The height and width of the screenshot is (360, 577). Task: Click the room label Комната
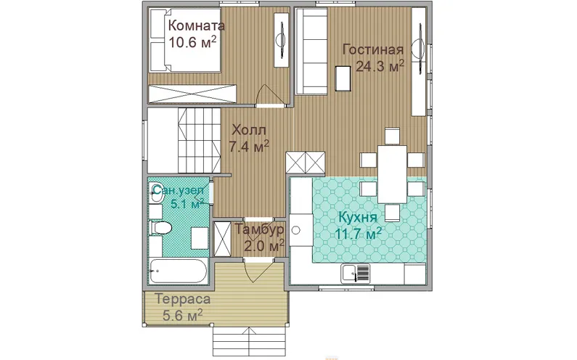197,26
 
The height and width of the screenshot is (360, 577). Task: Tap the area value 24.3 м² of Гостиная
380,66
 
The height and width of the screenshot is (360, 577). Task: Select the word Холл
249,131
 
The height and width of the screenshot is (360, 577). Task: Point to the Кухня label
358,217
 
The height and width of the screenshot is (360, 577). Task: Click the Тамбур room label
259,229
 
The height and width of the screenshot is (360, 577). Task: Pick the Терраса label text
183,299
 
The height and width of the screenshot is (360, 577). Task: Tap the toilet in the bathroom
161,227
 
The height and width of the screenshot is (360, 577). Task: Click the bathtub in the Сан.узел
178,271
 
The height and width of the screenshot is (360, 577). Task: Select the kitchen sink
356,274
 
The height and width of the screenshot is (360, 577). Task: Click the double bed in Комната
184,40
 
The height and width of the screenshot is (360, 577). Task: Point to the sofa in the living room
311,51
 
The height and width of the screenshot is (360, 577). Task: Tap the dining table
392,174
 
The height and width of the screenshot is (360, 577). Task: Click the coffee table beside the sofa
343,78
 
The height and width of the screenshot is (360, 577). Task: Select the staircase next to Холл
199,140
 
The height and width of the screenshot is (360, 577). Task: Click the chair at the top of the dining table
392,136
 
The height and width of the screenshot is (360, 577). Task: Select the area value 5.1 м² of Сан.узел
188,203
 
